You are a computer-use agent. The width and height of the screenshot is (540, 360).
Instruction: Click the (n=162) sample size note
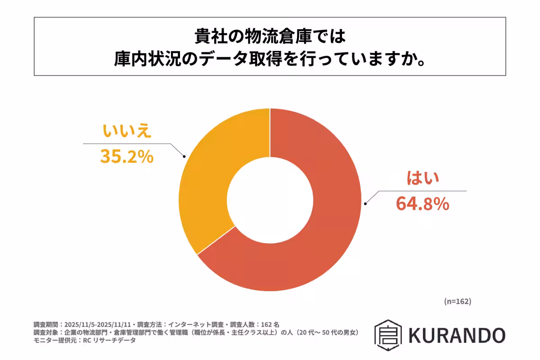[x=457, y=301]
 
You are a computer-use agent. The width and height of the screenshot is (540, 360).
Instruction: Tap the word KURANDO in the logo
[x=457, y=335]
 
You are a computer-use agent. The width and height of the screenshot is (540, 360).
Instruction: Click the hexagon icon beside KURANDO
[x=388, y=335]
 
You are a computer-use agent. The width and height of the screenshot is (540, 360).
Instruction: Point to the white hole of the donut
[x=270, y=199]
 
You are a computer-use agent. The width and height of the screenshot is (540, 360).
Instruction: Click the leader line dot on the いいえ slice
[x=184, y=157]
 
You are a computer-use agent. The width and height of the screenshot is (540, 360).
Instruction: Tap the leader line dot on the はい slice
[x=365, y=204]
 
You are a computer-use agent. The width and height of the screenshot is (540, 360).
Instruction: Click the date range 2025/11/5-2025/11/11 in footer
[x=97, y=324]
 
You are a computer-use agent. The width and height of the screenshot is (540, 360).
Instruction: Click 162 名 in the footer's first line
[x=270, y=324]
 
